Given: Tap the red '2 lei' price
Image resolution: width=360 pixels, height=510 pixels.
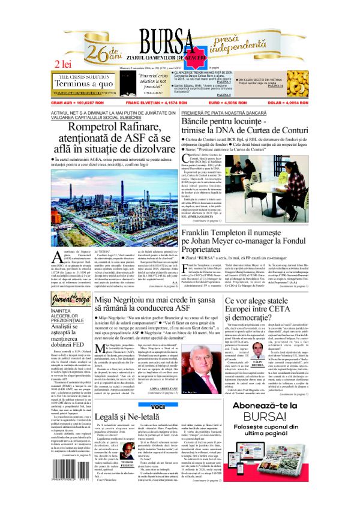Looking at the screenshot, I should tap(65, 63).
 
